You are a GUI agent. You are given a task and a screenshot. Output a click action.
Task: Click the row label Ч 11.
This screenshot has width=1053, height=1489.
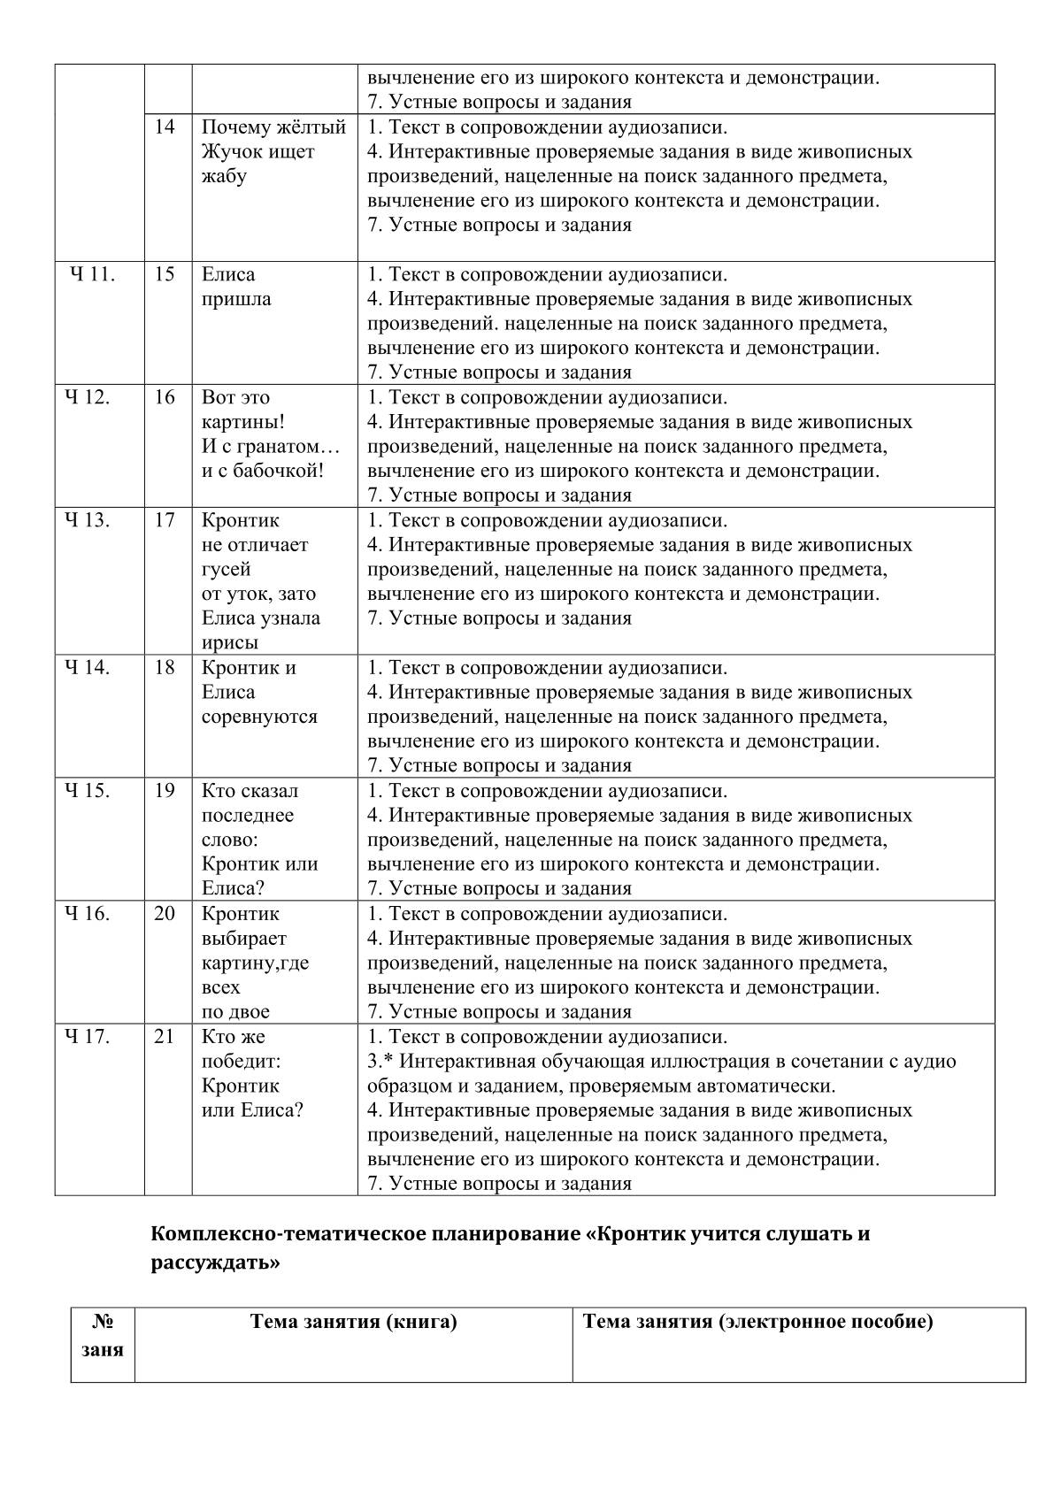[92, 274]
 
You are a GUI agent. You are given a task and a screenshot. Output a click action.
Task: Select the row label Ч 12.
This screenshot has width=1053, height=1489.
[88, 397]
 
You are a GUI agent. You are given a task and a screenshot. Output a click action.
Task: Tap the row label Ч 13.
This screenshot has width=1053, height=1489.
[88, 520]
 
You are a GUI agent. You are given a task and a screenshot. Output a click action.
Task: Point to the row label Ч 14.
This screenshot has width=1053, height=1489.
[88, 668]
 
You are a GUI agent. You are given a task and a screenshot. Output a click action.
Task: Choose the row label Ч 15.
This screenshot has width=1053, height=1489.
[88, 791]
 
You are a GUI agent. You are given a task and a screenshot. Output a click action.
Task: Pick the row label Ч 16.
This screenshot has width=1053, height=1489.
[88, 914]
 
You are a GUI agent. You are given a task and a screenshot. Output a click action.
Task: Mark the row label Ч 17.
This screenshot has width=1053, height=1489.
[88, 1037]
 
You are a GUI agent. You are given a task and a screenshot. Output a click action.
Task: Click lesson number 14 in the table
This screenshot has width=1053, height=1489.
[165, 127]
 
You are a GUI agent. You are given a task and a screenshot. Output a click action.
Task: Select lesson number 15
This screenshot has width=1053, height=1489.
[165, 274]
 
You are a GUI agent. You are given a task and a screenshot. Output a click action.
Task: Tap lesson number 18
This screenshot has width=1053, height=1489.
[165, 668]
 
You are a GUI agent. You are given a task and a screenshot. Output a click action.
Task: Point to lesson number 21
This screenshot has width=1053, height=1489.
[165, 1037]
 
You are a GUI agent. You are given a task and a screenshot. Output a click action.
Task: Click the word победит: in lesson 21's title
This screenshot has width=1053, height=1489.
[242, 1061]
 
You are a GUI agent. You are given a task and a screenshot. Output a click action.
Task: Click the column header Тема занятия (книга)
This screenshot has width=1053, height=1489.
[354, 1323]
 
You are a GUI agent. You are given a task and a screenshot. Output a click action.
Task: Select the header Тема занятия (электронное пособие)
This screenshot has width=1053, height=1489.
[758, 1323]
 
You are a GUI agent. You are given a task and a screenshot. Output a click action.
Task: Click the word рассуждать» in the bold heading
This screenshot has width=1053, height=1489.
[215, 1263]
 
